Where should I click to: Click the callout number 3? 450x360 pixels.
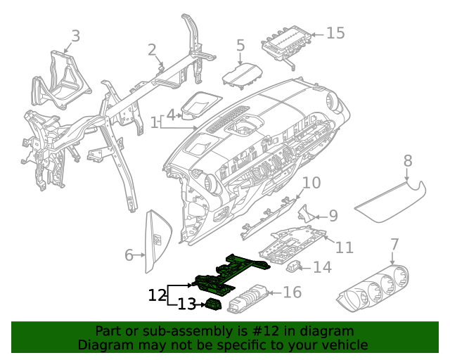coord(76,35)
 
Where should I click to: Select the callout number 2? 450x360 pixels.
coord(152,49)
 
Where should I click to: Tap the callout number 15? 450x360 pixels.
coord(335,33)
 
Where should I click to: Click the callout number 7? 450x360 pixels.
coord(394,245)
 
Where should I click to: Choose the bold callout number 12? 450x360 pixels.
coord(157,295)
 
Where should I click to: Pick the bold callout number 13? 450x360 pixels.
coord(186,304)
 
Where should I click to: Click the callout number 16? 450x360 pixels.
coord(292,292)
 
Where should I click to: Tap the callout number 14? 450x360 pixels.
coord(322,267)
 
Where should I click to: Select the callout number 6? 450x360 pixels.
coord(129,255)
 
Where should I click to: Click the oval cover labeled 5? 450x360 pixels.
coord(241,74)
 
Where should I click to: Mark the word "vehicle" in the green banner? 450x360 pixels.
coord(344,345)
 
